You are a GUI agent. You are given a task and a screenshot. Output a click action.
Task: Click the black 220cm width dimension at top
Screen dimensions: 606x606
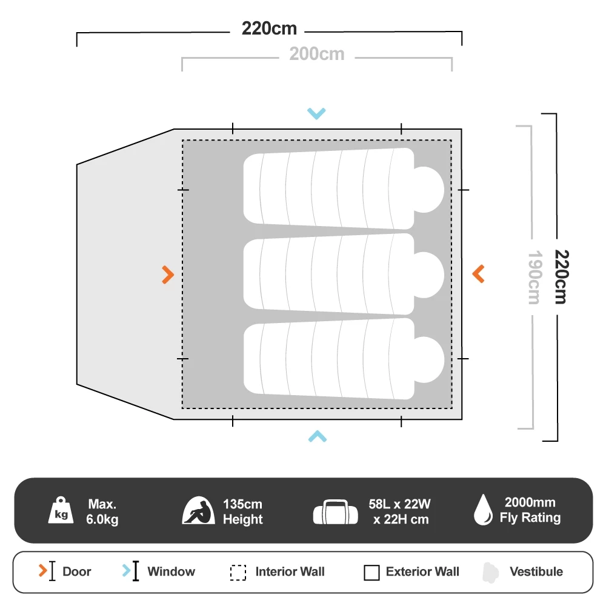click(269, 28)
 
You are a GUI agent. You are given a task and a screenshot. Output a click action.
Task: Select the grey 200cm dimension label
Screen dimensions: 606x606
click(316, 55)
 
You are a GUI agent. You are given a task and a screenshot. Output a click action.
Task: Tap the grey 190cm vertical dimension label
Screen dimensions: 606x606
click(533, 278)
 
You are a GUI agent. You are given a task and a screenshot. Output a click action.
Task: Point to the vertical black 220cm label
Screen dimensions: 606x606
click(561, 278)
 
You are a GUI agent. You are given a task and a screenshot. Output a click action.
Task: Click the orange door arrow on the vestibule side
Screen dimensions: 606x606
click(168, 275)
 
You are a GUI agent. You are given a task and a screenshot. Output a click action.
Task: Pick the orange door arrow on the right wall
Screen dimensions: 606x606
click(478, 274)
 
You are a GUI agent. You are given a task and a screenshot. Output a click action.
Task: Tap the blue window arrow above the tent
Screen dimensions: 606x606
click(316, 113)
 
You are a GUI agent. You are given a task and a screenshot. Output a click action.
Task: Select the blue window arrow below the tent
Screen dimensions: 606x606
click(317, 436)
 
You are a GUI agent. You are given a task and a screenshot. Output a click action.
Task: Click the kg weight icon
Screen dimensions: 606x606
click(62, 511)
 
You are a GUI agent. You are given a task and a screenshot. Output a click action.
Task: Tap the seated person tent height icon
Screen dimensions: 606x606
click(199, 511)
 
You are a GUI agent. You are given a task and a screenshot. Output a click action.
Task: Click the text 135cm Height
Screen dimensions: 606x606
click(242, 511)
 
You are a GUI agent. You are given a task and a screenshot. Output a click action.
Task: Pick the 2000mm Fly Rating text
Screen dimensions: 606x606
click(530, 510)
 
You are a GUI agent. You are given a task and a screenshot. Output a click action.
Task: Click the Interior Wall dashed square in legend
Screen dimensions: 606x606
click(238, 573)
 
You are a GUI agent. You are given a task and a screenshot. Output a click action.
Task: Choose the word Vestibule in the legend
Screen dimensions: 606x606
click(536, 571)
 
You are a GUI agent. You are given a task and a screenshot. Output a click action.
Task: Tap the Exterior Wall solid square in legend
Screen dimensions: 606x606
click(372, 573)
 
